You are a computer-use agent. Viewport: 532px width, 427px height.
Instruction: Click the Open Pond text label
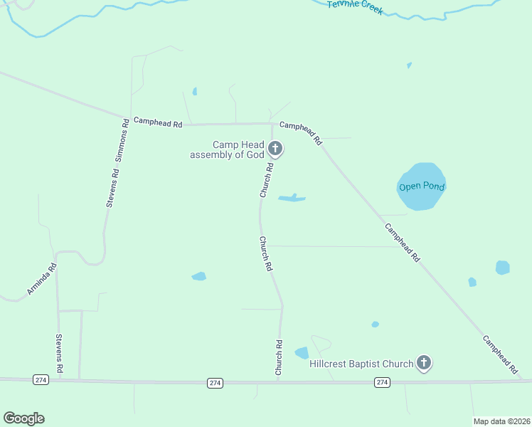pos(421,186)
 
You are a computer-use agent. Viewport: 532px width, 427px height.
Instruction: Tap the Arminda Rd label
pos(42,280)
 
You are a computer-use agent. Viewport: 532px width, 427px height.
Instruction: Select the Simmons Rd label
pos(122,147)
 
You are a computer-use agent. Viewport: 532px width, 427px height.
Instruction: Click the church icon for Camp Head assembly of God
pos(276,149)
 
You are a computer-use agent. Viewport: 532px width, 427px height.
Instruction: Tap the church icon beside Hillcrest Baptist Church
pos(424,364)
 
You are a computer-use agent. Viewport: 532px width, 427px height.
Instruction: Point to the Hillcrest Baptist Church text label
pos(361,364)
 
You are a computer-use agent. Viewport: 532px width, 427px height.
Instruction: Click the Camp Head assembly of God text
pos(227,149)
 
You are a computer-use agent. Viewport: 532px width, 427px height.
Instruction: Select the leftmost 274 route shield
pos(41,381)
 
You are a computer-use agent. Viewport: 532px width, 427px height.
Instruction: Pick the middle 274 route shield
pos(216,383)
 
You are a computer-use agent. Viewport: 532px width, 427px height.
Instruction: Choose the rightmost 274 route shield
pos(383,383)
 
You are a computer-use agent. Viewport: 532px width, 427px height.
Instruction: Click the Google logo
pos(23,418)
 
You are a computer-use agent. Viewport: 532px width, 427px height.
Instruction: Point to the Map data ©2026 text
pos(501,421)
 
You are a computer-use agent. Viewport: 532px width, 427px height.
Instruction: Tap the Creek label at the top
pos(356,6)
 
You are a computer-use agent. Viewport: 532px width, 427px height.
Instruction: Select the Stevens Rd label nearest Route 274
pos(60,354)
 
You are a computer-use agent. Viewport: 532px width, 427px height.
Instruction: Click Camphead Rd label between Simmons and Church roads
pos(158,123)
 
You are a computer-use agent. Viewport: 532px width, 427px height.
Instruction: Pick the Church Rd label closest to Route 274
pos(280,358)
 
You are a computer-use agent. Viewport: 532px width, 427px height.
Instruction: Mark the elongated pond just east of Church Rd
pos(292,198)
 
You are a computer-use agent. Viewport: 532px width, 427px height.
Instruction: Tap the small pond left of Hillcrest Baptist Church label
pos(302,353)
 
